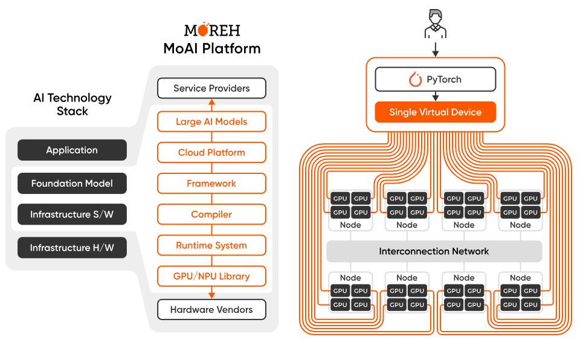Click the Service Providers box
click(x=211, y=88)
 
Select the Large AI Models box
click(x=211, y=121)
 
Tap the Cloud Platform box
click(x=211, y=153)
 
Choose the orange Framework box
click(x=211, y=184)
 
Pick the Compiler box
click(x=211, y=214)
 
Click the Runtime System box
click(x=211, y=245)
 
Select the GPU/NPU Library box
click(x=211, y=276)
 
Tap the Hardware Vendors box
click(x=211, y=309)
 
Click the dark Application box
click(x=72, y=150)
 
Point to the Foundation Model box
click(x=72, y=183)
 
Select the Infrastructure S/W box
click(x=72, y=214)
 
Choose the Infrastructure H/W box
click(x=72, y=248)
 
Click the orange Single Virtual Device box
click(x=436, y=112)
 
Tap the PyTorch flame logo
click(x=415, y=79)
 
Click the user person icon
click(x=436, y=24)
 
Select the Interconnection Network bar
click(x=434, y=251)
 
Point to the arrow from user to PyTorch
click(x=436, y=50)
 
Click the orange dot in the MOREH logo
click(x=204, y=30)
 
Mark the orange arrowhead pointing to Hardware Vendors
click(x=211, y=295)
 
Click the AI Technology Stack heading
click(x=72, y=104)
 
